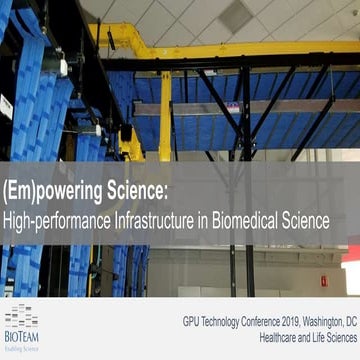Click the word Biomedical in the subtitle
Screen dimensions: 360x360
point(252,220)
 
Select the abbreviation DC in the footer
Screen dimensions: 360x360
point(351,325)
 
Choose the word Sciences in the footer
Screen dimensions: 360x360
point(337,341)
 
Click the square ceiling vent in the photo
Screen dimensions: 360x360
point(234,14)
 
